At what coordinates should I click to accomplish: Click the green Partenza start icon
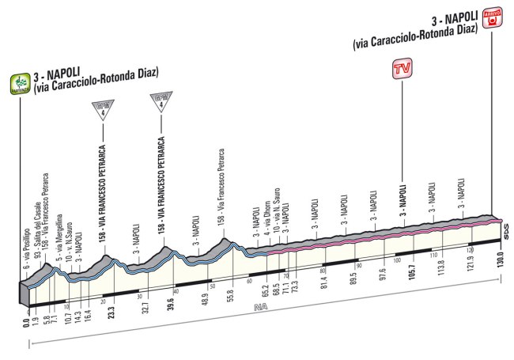pos(19,81)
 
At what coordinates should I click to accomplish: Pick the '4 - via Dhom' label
pos(267,218)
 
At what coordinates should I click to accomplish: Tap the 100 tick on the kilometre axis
pos(396,262)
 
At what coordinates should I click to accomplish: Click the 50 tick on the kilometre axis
pos(212,285)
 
